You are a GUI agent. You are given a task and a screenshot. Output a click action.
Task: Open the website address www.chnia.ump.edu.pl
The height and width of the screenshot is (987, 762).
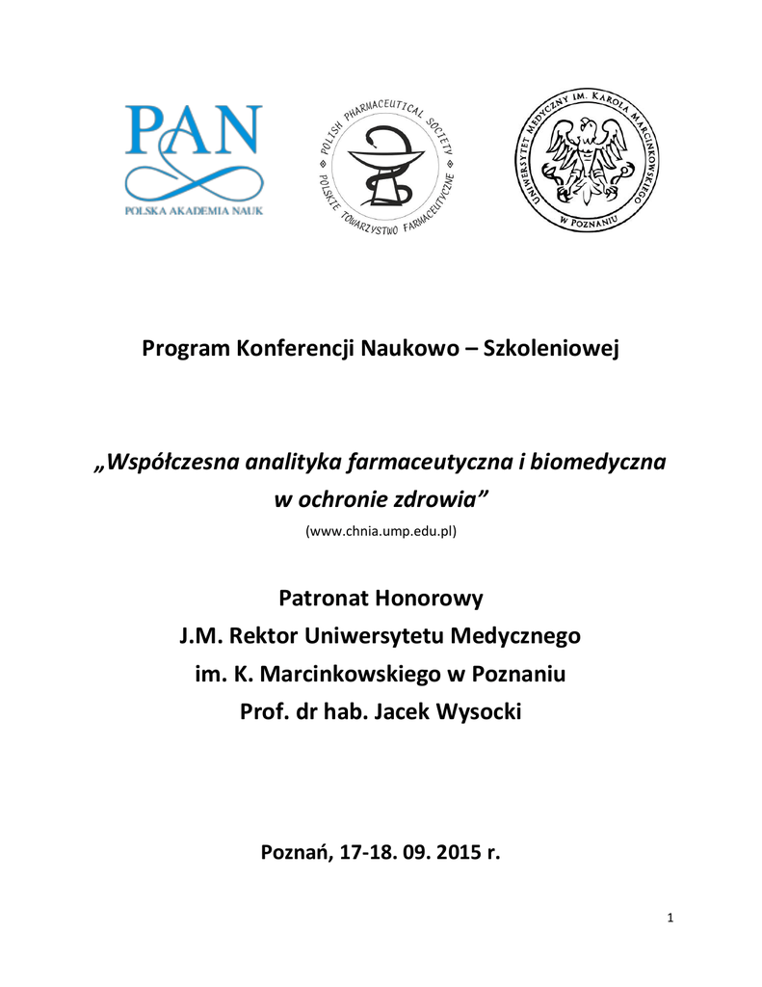coord(381,531)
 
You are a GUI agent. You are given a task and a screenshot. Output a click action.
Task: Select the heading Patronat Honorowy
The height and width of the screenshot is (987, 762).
coord(381,599)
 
